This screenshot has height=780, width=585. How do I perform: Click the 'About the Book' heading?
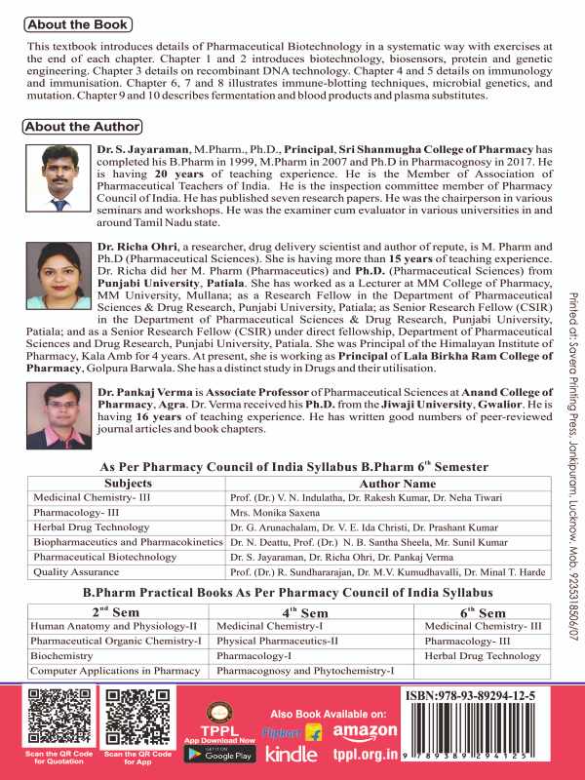tap(77, 23)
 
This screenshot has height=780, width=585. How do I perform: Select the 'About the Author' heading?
tap(82, 127)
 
